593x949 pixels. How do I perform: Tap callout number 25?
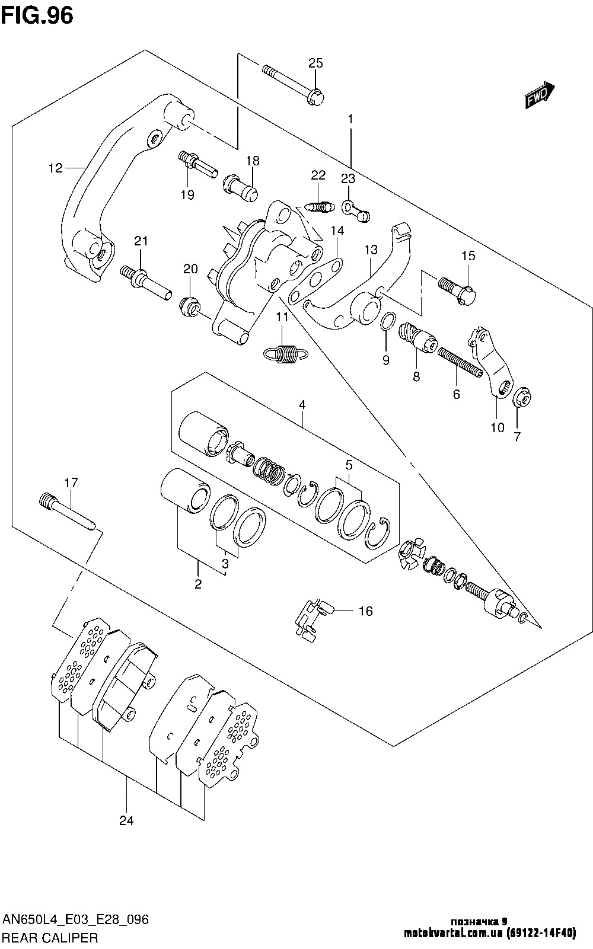point(315,63)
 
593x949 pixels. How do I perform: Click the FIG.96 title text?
point(37,16)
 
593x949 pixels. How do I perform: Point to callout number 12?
point(55,168)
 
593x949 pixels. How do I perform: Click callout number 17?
point(71,483)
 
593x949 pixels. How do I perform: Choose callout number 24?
point(126,821)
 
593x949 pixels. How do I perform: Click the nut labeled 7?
point(522,395)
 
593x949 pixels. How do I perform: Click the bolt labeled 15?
point(456,287)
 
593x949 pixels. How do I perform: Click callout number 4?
point(302,405)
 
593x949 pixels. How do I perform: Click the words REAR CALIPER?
point(50,938)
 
